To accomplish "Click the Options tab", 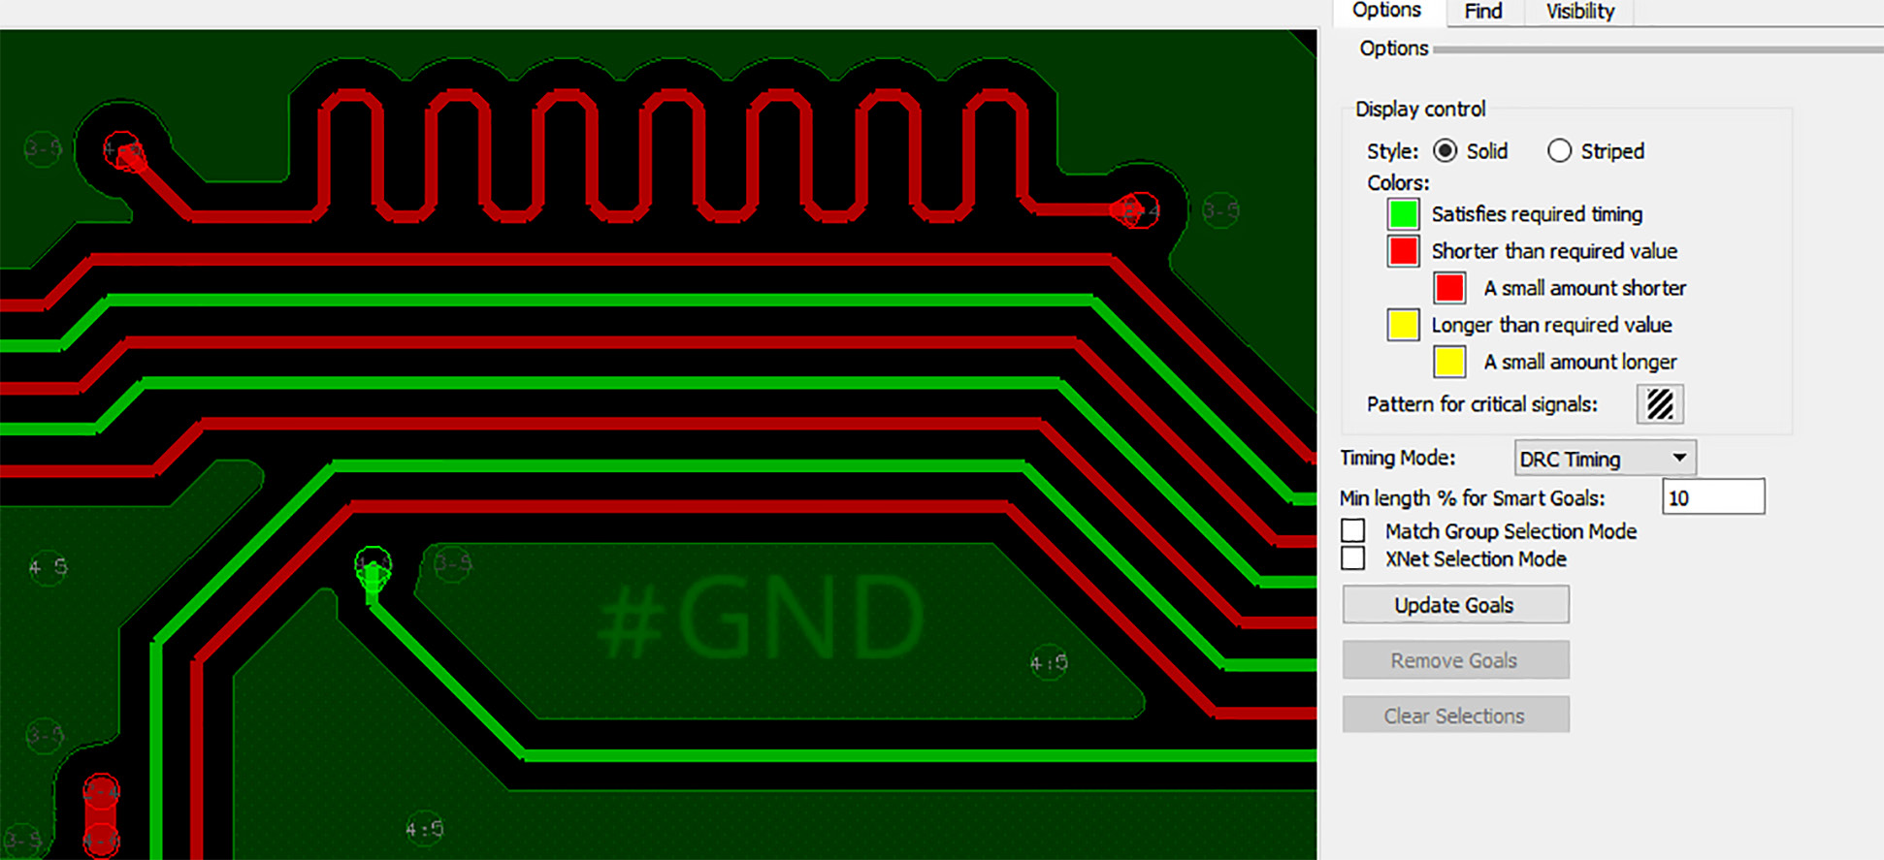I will point(1386,11).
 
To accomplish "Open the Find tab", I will point(1483,12).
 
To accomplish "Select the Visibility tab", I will point(1580,12).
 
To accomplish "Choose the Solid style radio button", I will point(1445,151).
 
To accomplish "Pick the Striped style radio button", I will point(1559,151).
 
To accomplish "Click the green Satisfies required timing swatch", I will point(1403,214).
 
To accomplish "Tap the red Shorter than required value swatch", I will point(1403,251).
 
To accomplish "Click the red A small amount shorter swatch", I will point(1449,288).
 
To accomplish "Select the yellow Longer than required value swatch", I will point(1403,325).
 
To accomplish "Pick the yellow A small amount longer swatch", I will point(1449,362).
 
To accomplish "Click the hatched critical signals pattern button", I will point(1660,404).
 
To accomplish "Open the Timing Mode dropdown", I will point(1605,459).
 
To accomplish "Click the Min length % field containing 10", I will point(1713,497).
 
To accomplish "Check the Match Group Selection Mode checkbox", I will point(1353,531).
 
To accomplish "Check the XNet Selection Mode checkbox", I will point(1353,558).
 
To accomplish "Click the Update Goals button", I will point(1455,605).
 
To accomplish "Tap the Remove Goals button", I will point(1455,660).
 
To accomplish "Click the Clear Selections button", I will point(1455,716).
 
